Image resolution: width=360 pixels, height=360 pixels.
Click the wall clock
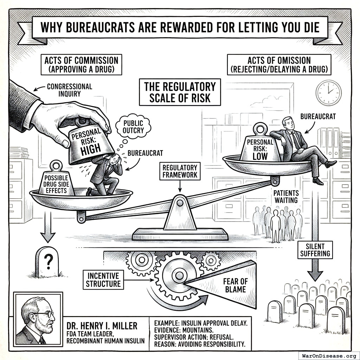click(328, 93)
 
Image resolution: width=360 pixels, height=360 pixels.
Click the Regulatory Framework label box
click(180, 171)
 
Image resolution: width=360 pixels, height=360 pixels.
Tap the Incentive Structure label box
click(103, 279)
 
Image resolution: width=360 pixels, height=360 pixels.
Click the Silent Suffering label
click(315, 250)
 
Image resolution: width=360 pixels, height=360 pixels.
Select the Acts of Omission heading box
click(279, 64)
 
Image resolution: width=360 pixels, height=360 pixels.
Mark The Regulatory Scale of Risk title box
click(180, 92)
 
